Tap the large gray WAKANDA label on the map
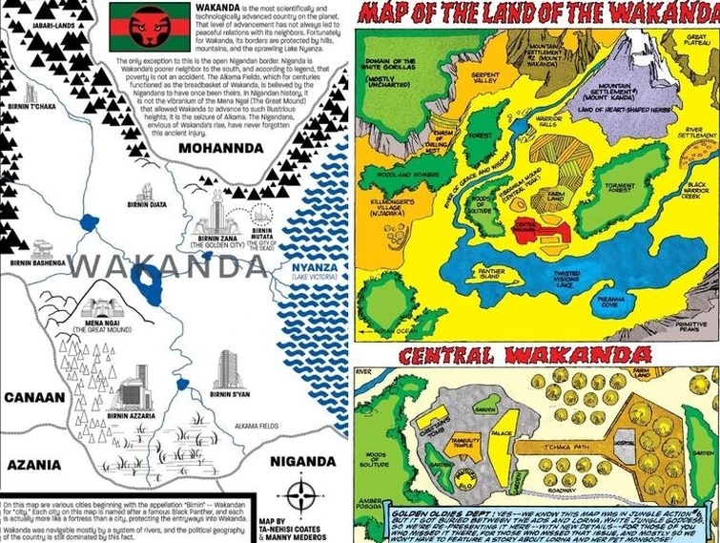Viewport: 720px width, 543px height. (167, 266)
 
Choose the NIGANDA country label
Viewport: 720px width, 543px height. (302, 462)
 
